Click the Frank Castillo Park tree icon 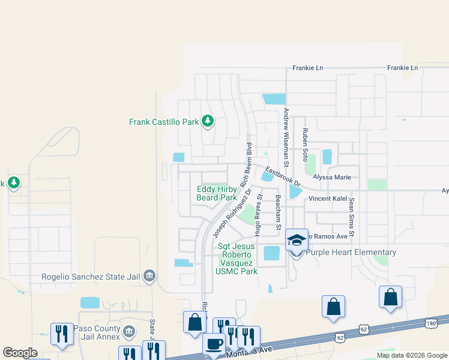pyautogui.click(x=208, y=122)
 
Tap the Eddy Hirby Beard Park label pyautogui.click(x=217, y=193)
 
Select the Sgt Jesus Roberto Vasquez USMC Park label pyautogui.click(x=237, y=259)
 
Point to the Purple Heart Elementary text pyautogui.click(x=351, y=253)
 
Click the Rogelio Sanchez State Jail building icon pyautogui.click(x=150, y=276)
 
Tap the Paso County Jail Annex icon pyautogui.click(x=128, y=332)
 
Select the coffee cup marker pyautogui.click(x=213, y=344)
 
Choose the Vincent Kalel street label pyautogui.click(x=328, y=198)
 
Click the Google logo pyautogui.click(x=20, y=353)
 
